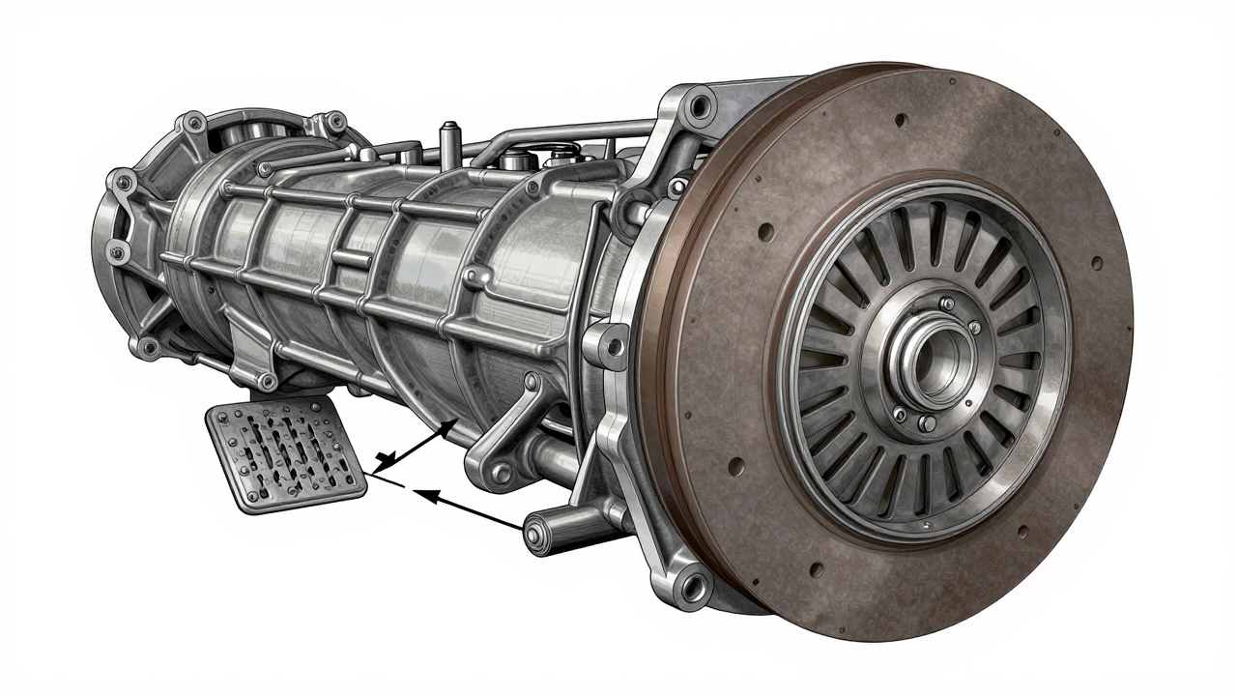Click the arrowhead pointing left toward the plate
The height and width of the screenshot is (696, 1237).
(421, 496)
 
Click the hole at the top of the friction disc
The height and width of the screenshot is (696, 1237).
(901, 121)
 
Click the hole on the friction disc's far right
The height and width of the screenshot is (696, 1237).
(1096, 261)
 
